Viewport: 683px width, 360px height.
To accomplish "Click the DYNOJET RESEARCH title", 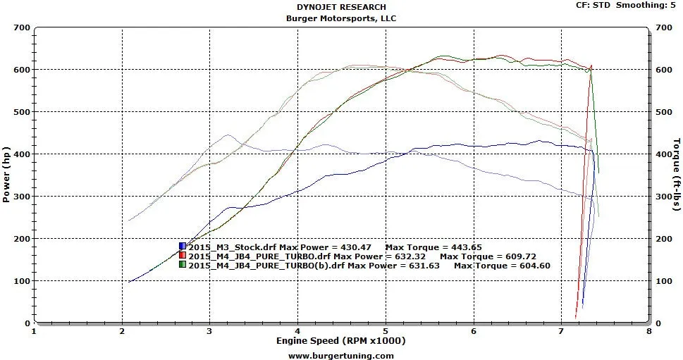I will click(x=341, y=7).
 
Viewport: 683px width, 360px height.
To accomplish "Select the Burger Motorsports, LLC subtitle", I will click(x=341, y=18).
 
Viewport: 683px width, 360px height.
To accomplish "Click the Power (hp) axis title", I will click(x=6, y=175).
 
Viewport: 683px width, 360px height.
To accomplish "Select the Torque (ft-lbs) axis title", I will click(x=677, y=175).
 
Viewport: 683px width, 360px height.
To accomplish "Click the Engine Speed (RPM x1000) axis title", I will click(x=341, y=341).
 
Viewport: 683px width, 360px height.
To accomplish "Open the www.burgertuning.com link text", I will click(x=341, y=355).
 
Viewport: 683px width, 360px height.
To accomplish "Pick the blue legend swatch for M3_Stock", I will click(x=183, y=247).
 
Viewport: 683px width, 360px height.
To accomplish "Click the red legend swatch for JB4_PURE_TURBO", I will click(x=183, y=256).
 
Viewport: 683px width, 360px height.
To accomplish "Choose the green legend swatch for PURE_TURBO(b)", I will click(x=183, y=266).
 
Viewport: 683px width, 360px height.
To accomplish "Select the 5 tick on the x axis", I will click(x=386, y=330).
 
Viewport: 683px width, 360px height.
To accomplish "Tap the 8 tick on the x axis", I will click(x=648, y=330).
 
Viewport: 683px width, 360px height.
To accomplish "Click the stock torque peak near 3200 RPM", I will click(x=227, y=135).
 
